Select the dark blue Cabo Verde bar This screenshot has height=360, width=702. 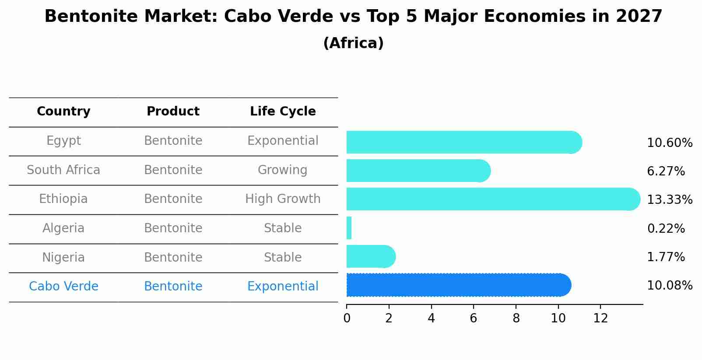click(457, 285)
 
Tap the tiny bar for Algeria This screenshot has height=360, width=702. click(349, 228)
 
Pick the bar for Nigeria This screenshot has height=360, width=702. click(370, 256)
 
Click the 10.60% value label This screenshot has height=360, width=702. click(669, 143)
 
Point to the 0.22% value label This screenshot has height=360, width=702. click(666, 228)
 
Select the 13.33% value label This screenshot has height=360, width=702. click(669, 200)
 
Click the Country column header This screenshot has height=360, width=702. click(63, 112)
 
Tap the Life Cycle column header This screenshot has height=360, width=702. click(283, 112)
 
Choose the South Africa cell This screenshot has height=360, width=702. click(63, 170)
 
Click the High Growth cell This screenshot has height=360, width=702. click(283, 199)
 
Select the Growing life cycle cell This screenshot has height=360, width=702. click(283, 170)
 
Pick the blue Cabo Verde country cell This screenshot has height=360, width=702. click(63, 287)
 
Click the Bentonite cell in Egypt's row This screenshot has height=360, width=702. click(173, 141)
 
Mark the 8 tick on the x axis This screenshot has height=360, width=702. click(516, 318)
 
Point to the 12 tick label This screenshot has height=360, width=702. click(600, 318)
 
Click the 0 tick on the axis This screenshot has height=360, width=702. click(347, 318)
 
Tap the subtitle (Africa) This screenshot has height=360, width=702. click(353, 43)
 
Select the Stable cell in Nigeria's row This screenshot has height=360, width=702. click(283, 257)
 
